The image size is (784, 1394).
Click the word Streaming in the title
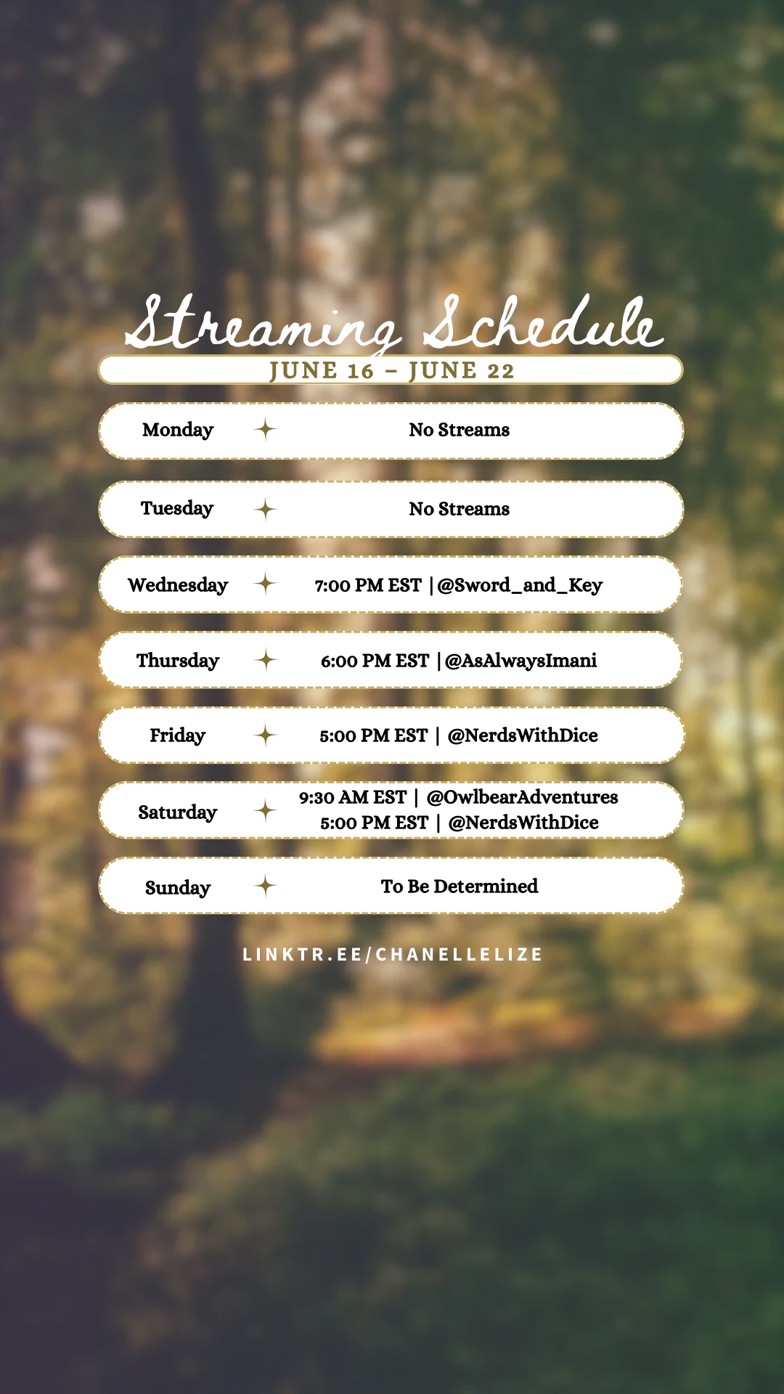point(263,325)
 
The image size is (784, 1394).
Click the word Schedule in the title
point(543,321)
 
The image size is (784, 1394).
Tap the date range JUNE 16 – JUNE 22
point(392,371)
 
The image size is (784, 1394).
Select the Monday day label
point(178,431)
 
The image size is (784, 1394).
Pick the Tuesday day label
point(177,509)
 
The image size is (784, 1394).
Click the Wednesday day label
point(178,586)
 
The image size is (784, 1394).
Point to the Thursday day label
point(178,661)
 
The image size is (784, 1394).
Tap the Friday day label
point(178,736)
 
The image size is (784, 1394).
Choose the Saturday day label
point(178,812)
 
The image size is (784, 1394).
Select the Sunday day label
point(178,888)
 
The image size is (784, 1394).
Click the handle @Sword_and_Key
point(520,586)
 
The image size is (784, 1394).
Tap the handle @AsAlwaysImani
point(520,661)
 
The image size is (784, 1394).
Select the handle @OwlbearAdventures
point(523,797)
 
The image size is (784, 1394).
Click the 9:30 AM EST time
point(353,797)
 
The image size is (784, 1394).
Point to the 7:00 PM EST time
point(368,586)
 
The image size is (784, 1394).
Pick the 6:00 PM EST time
point(375,661)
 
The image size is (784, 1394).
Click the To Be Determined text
point(460,886)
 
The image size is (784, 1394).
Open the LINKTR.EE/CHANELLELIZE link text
point(393,955)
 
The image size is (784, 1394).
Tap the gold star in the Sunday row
point(266,886)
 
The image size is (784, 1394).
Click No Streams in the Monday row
point(460,430)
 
